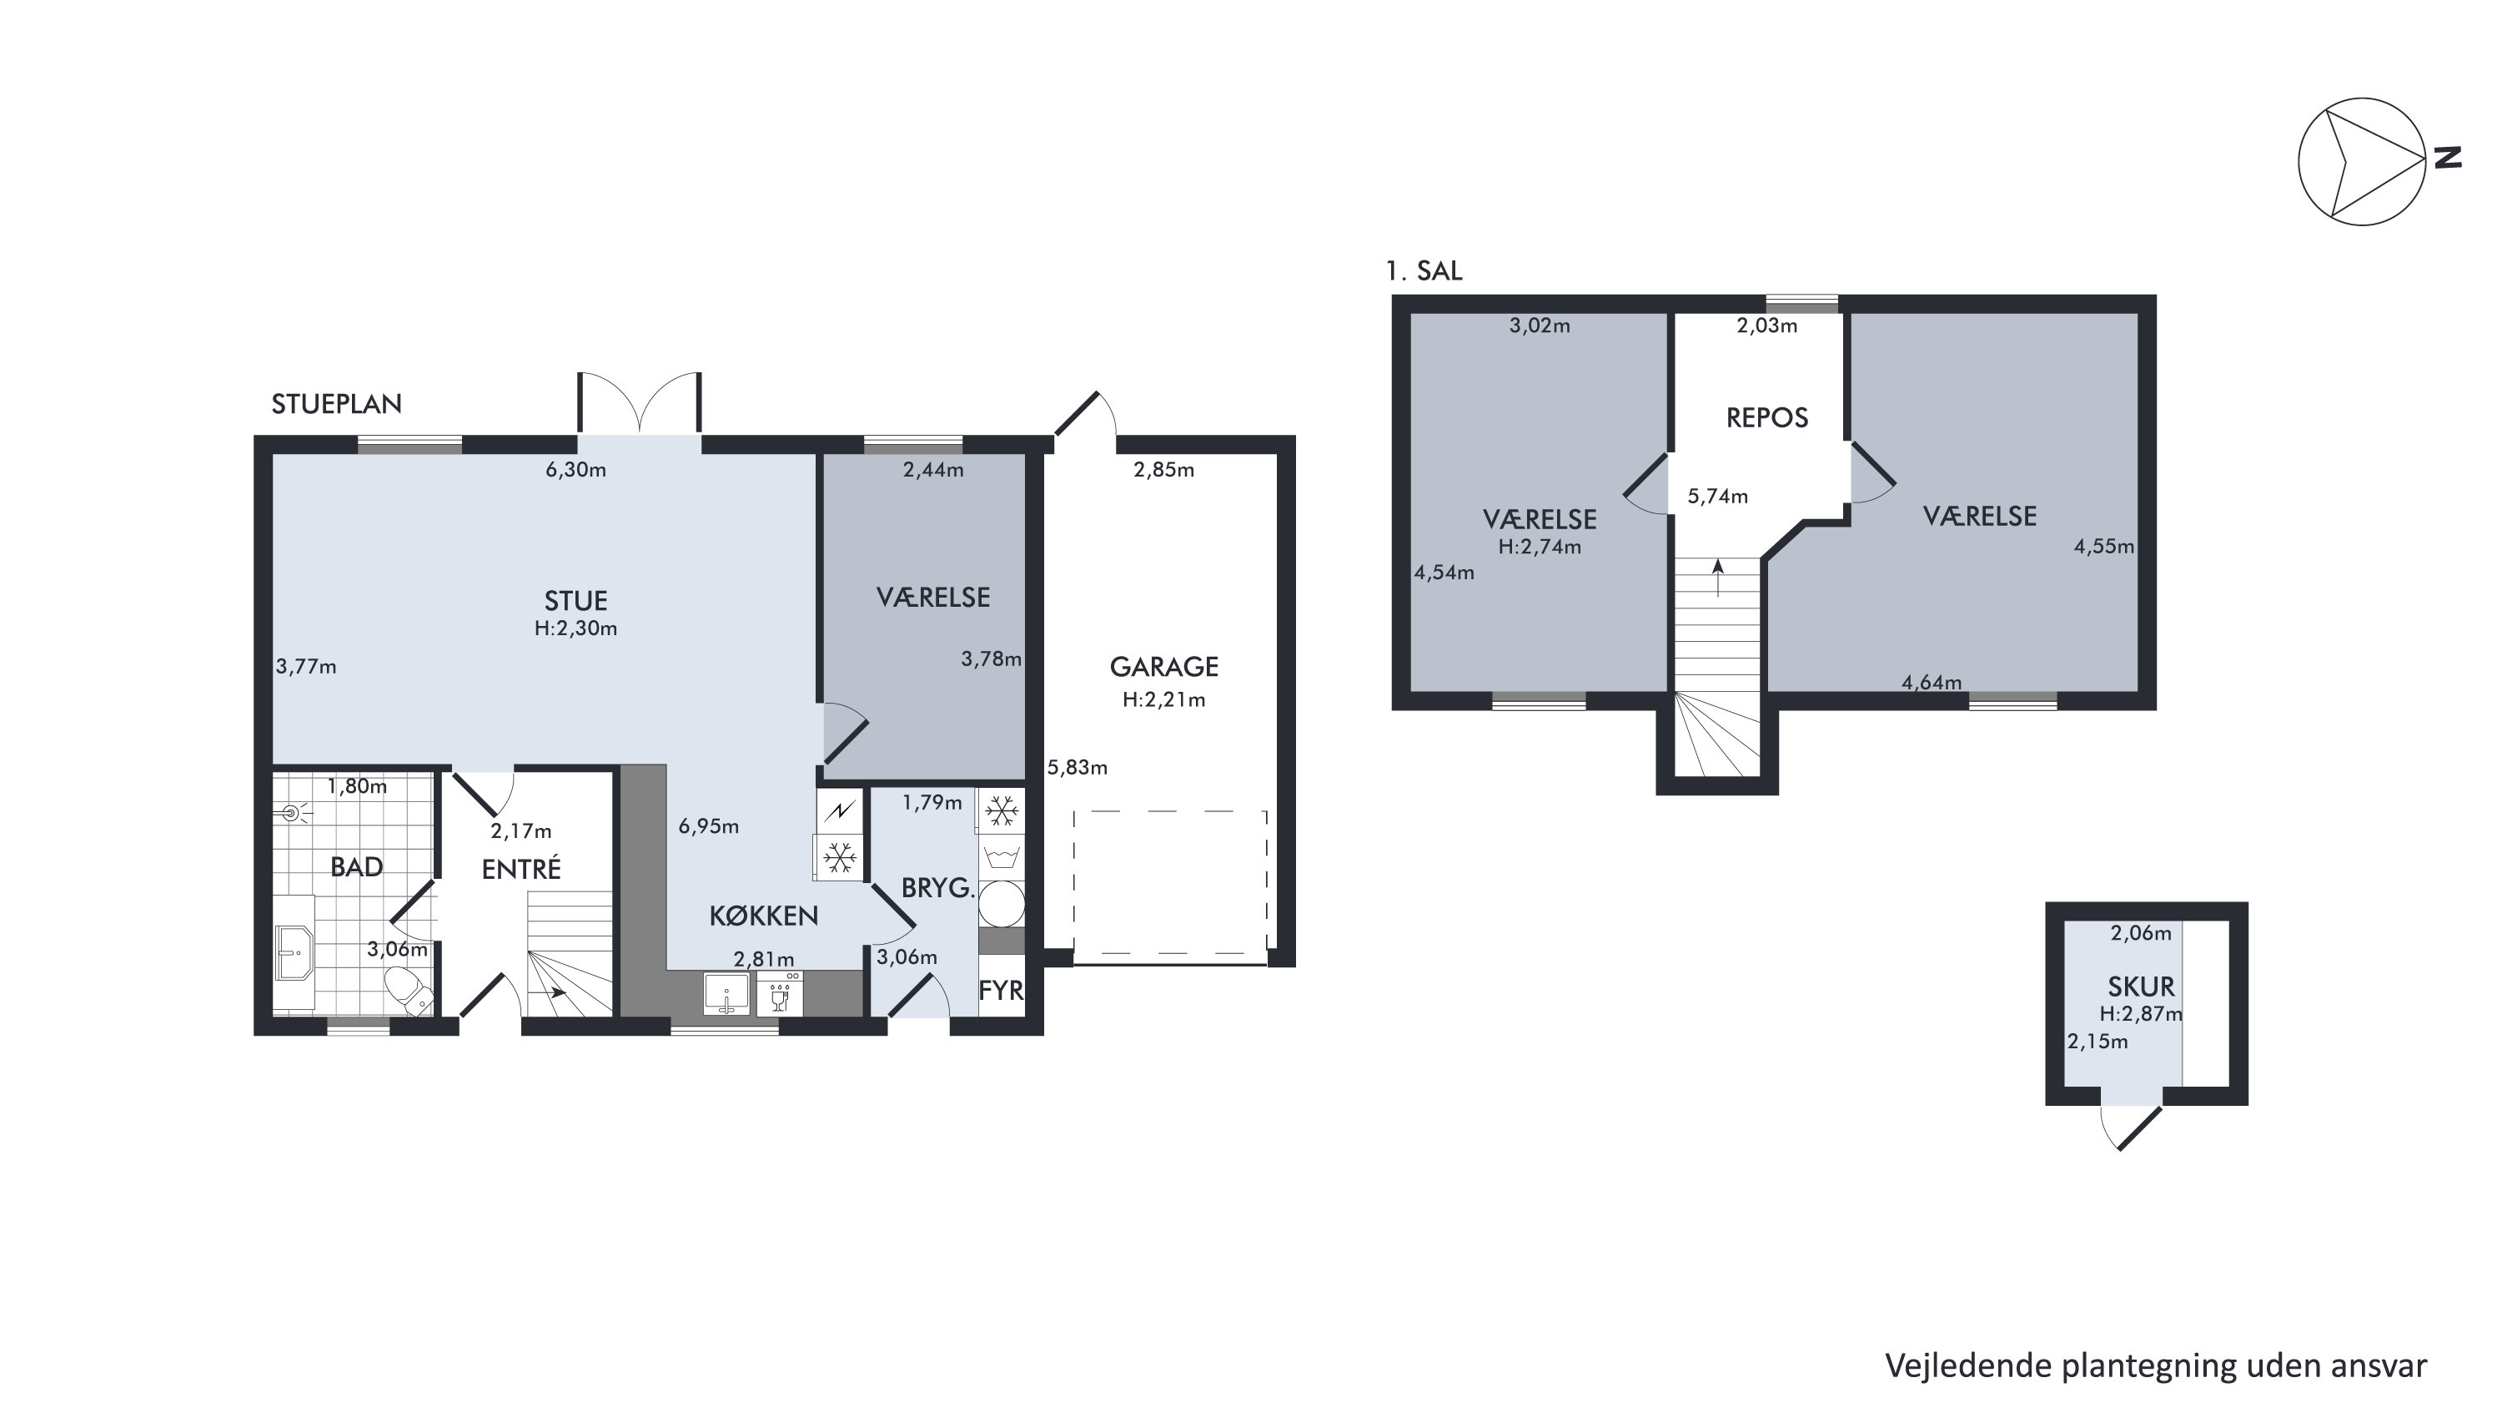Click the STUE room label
576,601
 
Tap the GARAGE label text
1163,667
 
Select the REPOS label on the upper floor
1766,418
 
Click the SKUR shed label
2141,987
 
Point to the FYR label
1001,990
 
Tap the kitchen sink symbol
726,993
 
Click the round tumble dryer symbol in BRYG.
1002,904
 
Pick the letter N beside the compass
2448,158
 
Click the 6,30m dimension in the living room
576,470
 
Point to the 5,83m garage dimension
1078,768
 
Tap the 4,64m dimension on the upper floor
1931,683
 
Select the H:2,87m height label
2141,1014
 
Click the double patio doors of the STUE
639,402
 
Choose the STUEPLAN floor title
336,404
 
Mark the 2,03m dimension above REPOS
1766,326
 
